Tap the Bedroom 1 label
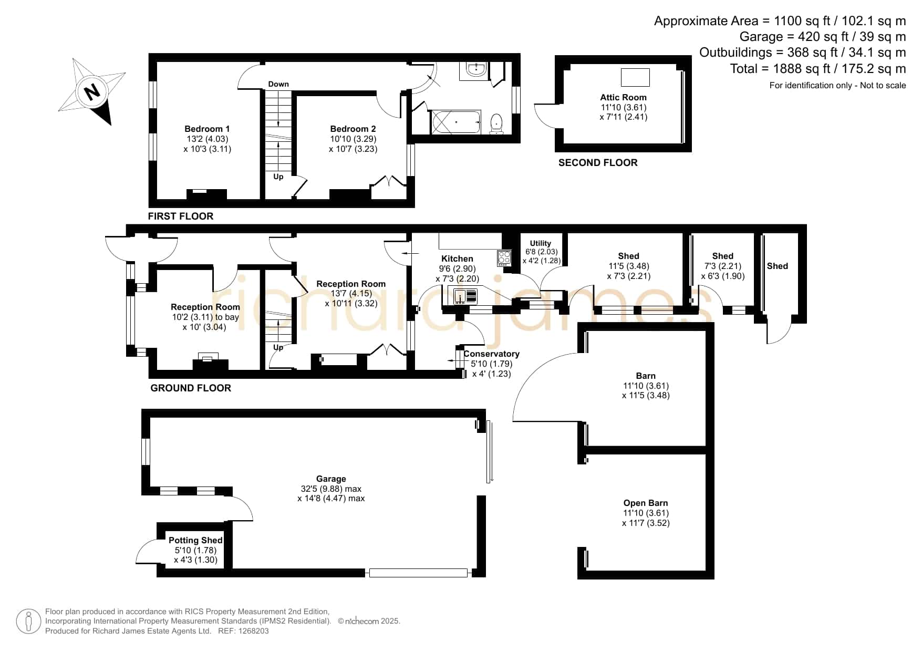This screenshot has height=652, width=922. point(207,129)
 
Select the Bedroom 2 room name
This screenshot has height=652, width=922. point(353,129)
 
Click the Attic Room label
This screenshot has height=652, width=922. point(623,97)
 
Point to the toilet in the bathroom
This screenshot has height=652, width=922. point(496,124)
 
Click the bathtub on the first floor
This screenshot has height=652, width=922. point(455,122)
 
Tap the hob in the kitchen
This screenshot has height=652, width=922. point(504,258)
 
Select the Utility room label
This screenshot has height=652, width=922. point(540,243)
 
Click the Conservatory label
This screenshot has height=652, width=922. point(491,354)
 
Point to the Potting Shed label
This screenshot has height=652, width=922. point(195,540)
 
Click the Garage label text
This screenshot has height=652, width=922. point(331,479)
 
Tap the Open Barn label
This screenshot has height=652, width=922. point(646,503)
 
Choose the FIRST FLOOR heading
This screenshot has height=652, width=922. point(181,216)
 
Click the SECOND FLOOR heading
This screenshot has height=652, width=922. point(598,163)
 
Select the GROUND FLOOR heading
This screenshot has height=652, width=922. point(191,388)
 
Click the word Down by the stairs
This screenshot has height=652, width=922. point(278,84)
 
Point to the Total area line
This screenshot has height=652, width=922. point(818,69)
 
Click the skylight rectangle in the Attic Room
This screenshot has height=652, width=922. point(635,77)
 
